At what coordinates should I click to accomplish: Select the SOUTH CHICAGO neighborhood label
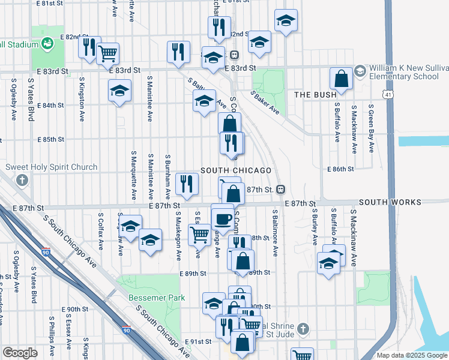(x=236, y=170)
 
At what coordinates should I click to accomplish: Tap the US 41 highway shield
(x=389, y=95)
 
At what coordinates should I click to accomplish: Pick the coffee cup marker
(x=223, y=217)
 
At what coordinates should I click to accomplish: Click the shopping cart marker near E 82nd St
(x=107, y=53)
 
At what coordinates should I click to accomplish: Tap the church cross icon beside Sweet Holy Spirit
(x=22, y=180)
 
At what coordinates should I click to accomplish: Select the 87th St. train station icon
(x=280, y=190)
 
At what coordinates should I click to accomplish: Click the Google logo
(x=20, y=353)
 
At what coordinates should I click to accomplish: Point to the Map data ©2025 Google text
(x=412, y=355)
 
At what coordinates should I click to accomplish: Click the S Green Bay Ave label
(x=372, y=129)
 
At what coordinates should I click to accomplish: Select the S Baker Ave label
(x=265, y=103)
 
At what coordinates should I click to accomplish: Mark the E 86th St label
(x=341, y=169)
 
